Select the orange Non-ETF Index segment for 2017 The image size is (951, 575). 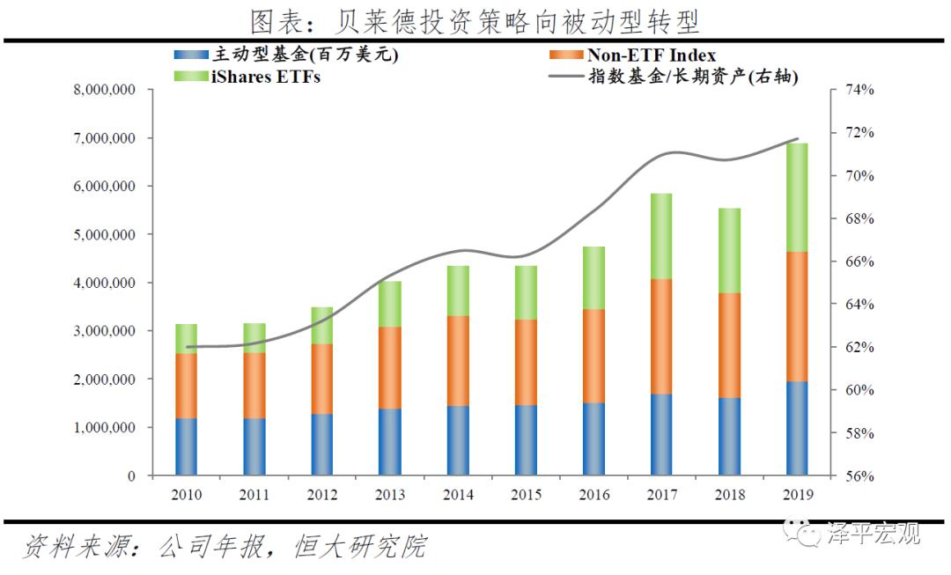tap(660, 336)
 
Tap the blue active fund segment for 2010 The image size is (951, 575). tap(186, 446)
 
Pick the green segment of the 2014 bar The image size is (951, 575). tap(457, 291)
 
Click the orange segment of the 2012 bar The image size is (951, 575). tap(321, 379)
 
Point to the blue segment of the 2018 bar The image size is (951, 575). tap(728, 437)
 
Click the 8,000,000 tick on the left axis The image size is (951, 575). tap(103, 91)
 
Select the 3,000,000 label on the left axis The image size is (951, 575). tap(103, 331)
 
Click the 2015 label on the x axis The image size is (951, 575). tap(525, 495)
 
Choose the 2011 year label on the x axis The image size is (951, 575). tap(254, 495)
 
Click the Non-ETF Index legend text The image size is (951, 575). tap(652, 55)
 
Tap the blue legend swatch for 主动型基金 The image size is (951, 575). tap(191, 55)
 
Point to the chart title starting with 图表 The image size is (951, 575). tap(475, 20)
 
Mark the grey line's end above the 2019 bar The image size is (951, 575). tap(798, 139)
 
